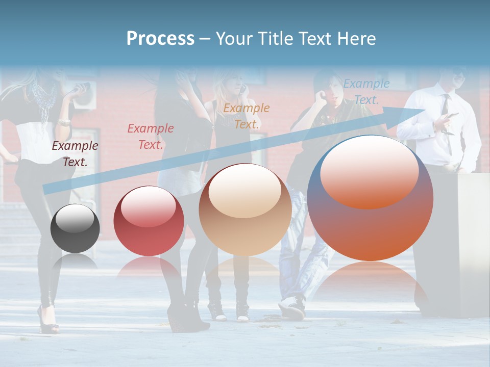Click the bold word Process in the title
(x=160, y=39)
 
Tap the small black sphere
(x=75, y=228)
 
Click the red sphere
(x=149, y=221)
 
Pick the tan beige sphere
(x=245, y=209)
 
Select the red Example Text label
(x=151, y=137)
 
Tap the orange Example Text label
(x=247, y=116)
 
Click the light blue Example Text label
(x=366, y=92)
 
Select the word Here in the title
(x=357, y=39)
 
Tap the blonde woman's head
(x=230, y=82)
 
